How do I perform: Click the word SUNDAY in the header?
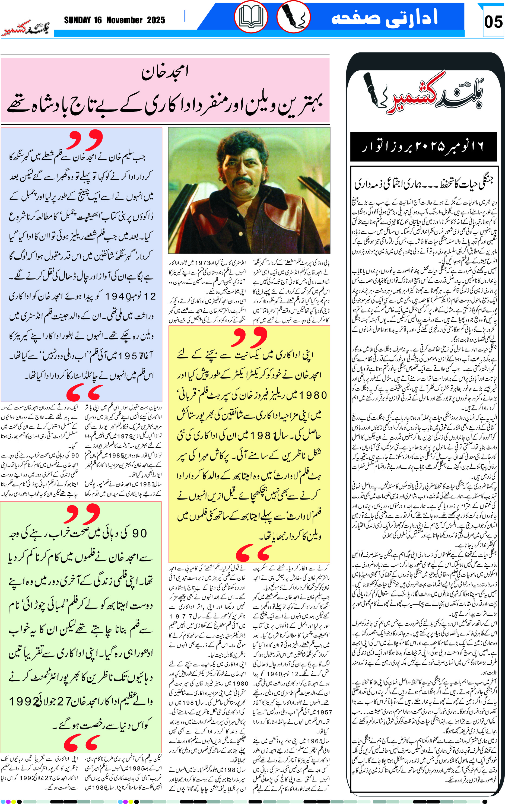click(78, 20)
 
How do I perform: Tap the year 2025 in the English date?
click(156, 20)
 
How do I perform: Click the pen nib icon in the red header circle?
click(294, 17)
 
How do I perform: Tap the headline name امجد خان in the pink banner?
click(165, 72)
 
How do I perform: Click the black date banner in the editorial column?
click(423, 147)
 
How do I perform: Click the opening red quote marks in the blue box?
click(85, 140)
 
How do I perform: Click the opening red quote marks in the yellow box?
click(250, 337)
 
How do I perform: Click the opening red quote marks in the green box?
click(82, 513)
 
